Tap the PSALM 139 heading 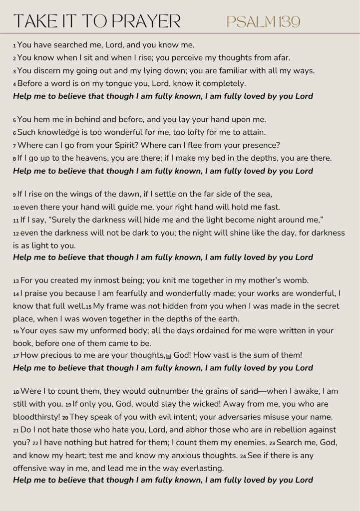click(263, 21)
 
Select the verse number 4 click(15, 84)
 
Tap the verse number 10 click(16, 207)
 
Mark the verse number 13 click(16, 281)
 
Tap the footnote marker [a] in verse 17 click(168, 356)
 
